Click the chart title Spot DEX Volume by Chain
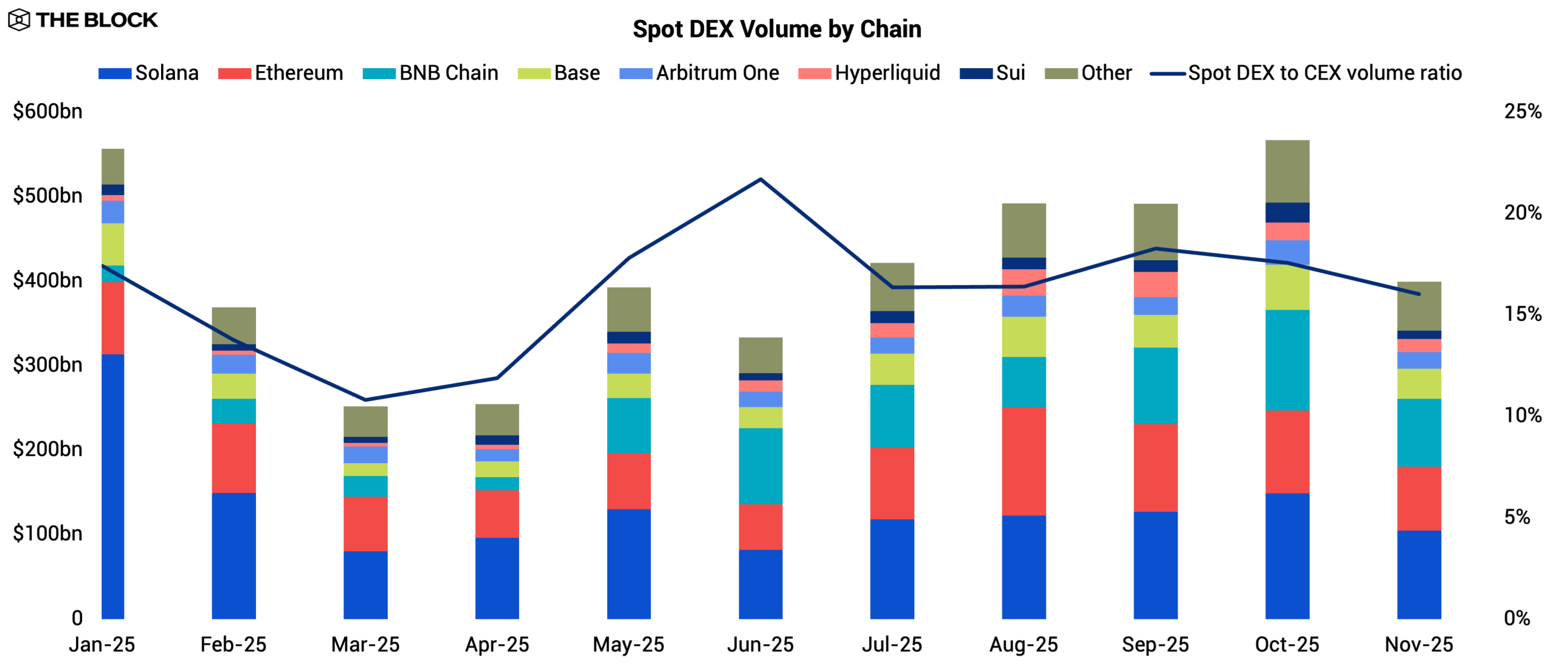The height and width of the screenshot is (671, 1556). coord(777,29)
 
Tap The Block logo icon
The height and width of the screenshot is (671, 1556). coord(19,20)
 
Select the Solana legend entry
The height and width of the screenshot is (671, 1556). coord(149,73)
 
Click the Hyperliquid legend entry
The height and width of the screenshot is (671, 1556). coord(869,73)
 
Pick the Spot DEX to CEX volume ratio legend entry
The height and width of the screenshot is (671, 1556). coord(1306,73)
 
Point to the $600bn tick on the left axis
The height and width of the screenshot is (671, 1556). coord(47,111)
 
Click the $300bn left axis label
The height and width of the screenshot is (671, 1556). coord(47,365)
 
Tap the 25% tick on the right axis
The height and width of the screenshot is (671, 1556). coord(1523,111)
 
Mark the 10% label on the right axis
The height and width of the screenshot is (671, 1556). coord(1523,416)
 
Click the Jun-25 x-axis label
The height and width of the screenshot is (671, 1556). coord(760,644)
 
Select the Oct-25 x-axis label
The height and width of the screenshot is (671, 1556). coord(1287,644)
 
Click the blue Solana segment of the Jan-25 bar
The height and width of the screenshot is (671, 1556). coord(113,486)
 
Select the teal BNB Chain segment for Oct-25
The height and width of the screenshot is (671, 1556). coord(1287,360)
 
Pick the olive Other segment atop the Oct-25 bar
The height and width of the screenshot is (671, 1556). coord(1287,171)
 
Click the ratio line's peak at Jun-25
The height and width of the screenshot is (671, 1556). coord(760,179)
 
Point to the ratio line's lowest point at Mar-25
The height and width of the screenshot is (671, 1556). coord(365,400)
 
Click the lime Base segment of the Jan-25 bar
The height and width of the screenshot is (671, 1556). coord(113,244)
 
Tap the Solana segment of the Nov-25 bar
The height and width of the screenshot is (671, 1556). coord(1419,574)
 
